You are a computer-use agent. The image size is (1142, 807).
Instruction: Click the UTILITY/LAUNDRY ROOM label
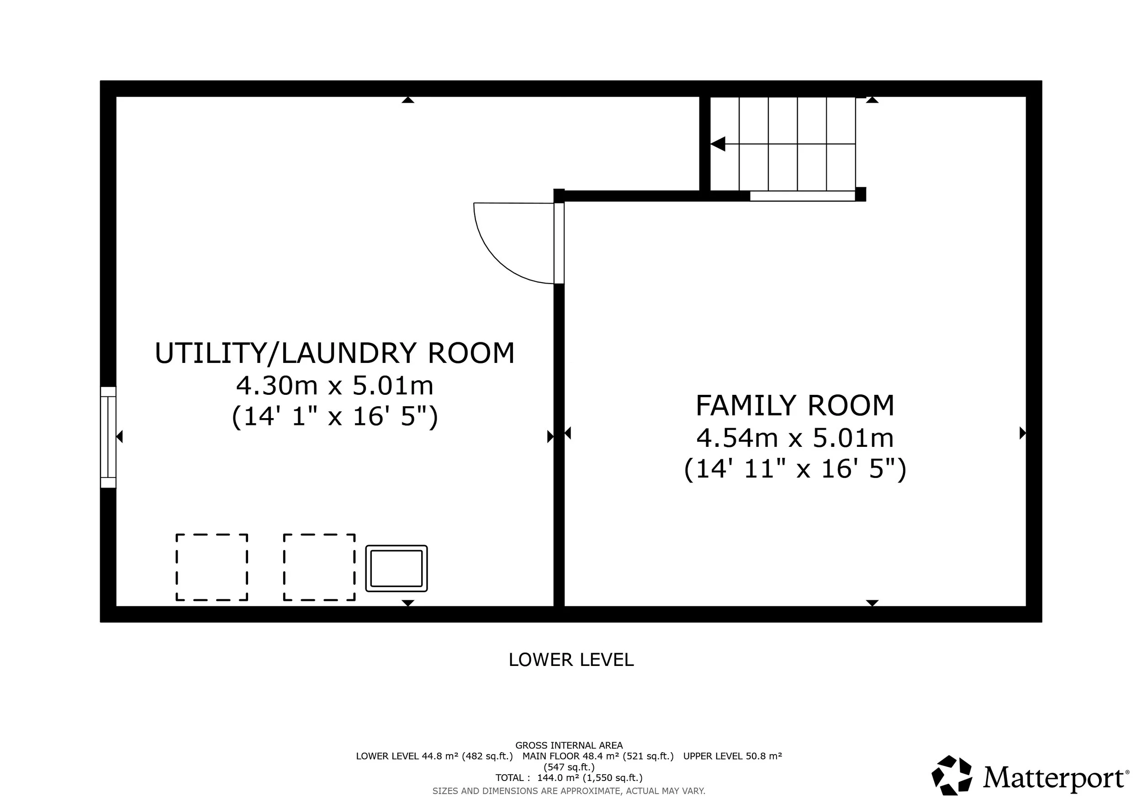coord(335,353)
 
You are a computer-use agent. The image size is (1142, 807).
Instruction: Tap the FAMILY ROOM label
coord(795,405)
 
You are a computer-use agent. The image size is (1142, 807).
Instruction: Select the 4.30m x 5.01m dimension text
coord(335,386)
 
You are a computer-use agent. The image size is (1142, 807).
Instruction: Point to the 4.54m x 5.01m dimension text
coord(795,438)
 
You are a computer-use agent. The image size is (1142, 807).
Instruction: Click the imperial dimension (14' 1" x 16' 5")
coord(335,416)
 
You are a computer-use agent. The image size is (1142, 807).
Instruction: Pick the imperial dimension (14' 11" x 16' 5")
coord(795,469)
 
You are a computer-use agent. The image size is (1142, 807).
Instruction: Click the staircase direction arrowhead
coord(718,144)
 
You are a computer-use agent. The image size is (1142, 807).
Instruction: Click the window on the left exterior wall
coord(108,437)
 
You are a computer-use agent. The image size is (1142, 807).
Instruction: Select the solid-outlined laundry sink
coord(397,568)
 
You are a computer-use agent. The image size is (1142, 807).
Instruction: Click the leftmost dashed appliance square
coord(212,567)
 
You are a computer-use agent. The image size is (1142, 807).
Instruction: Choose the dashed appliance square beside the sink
coord(319,567)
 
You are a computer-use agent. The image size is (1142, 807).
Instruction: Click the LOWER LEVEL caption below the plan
coord(571,660)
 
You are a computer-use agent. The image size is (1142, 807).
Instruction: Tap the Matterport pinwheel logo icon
coord(952,776)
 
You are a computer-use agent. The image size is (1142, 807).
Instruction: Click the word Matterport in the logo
coord(1053,779)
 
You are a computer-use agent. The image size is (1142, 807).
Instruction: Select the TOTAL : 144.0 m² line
coord(569,778)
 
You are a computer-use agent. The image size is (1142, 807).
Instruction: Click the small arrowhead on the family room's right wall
coord(1023,433)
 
